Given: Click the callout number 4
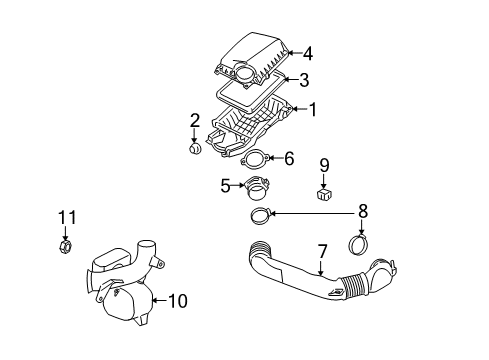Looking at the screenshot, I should coord(307,54).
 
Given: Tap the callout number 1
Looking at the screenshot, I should coord(312,110).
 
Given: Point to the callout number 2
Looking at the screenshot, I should coord(195,121).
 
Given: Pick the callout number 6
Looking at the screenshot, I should coord(288,158).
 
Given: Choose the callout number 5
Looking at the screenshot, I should coord(225,184).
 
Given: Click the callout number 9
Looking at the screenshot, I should coord(324,164).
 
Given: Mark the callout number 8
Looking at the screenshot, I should coord(362,211).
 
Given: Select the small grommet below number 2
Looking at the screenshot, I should coord(196,150).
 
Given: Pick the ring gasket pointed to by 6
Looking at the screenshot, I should coord(255,160).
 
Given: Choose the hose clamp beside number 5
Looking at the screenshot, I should coord(258,186).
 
